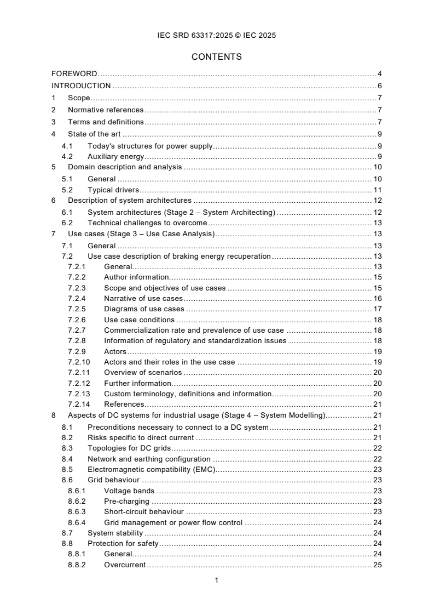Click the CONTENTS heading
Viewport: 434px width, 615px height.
217,56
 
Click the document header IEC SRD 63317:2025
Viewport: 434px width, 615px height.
217,36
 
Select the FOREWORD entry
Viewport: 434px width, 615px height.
74,73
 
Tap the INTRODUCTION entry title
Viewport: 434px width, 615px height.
81,86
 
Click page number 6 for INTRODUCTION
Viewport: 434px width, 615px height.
379,86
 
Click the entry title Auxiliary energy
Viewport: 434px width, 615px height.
116,157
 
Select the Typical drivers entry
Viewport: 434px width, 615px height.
113,190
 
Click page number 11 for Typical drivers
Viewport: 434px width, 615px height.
377,190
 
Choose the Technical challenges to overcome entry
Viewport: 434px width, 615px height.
147,223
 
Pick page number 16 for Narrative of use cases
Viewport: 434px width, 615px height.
377,299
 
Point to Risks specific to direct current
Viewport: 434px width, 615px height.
141,437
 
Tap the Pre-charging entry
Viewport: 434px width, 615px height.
127,501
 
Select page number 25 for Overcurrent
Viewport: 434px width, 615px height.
377,565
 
